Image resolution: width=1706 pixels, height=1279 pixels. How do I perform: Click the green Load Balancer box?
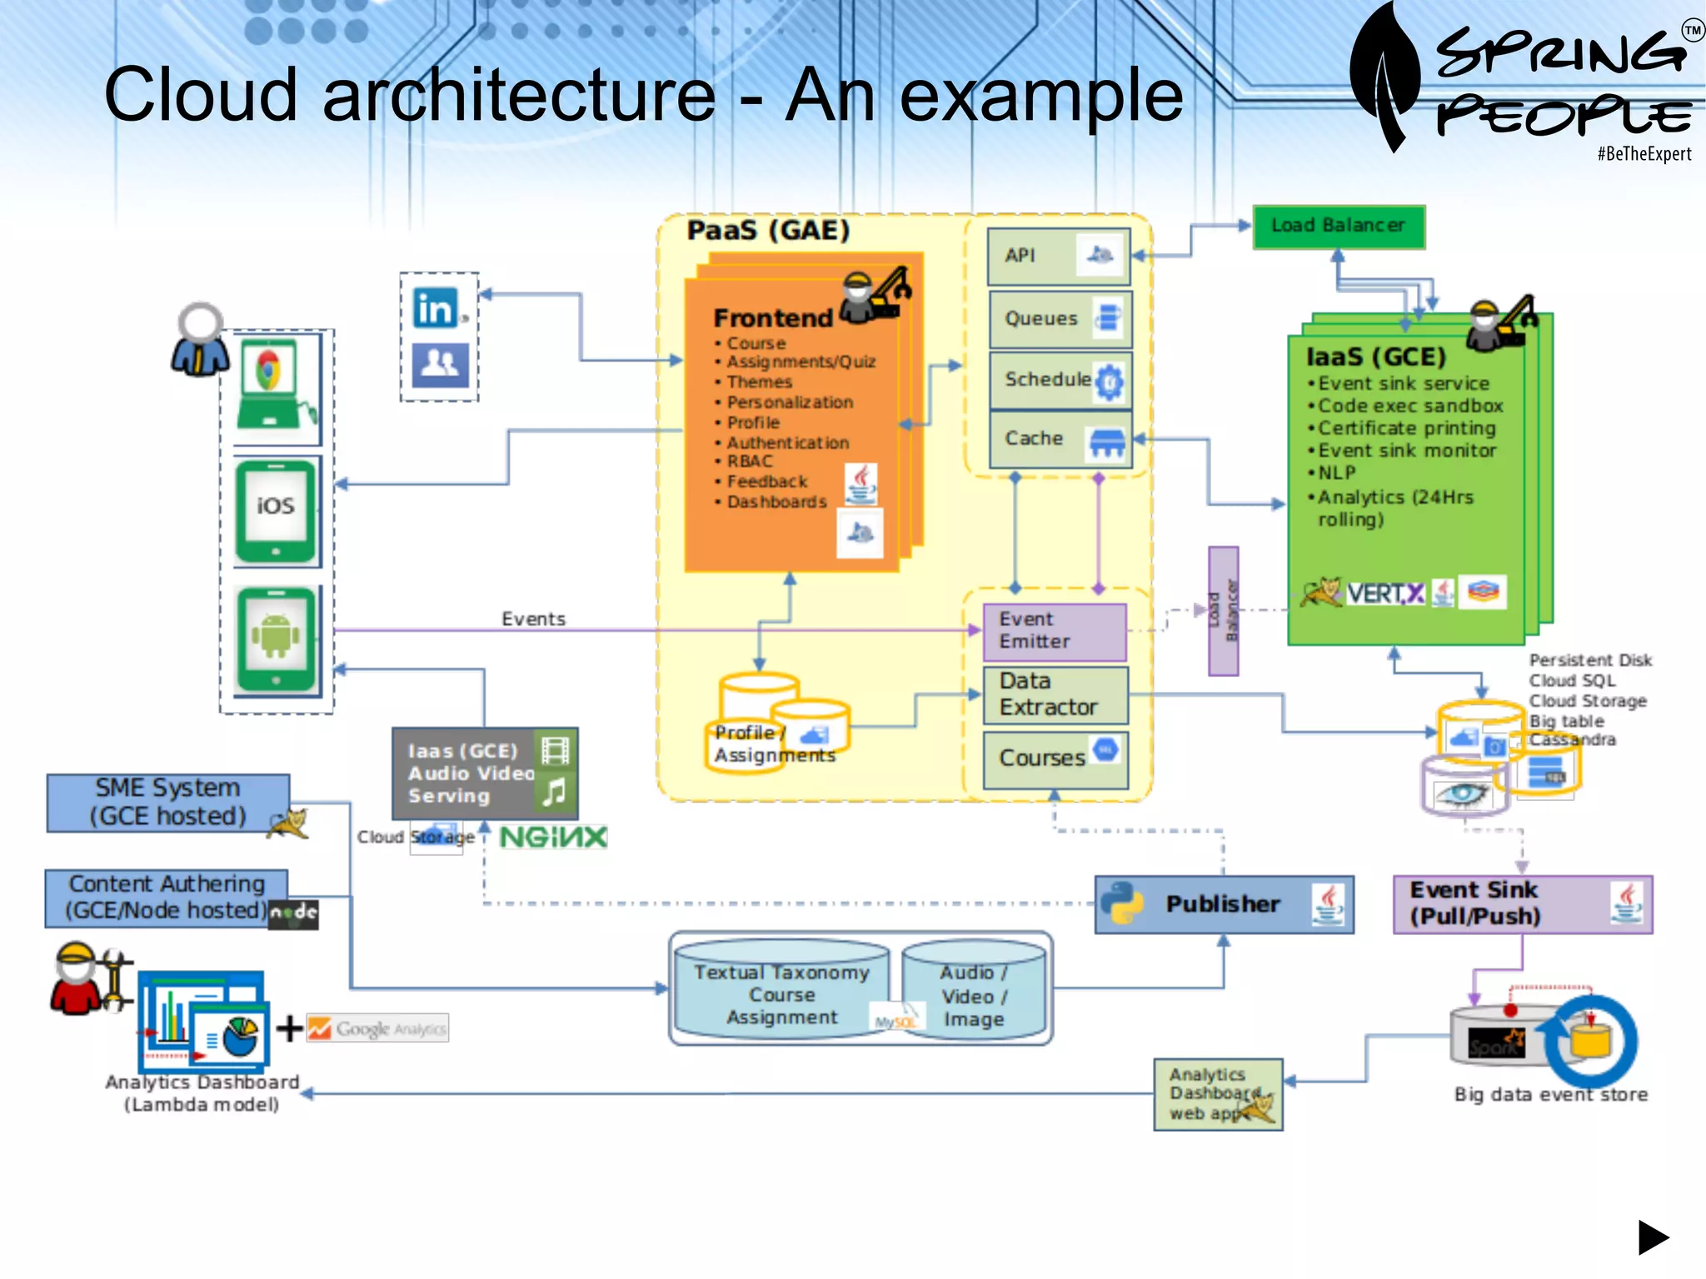coord(1338,226)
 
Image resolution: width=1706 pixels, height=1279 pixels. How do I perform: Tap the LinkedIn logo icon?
coord(436,308)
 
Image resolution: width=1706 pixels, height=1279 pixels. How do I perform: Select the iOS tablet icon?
coord(276,511)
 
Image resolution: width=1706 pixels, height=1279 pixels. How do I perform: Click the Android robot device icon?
coord(276,638)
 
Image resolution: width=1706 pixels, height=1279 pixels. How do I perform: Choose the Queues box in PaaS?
coord(1059,319)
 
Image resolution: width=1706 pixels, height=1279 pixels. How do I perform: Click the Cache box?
coord(1059,439)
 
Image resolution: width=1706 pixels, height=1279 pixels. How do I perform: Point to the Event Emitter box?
coord(1054,631)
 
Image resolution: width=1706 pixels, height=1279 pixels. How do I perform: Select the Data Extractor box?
coord(1055,694)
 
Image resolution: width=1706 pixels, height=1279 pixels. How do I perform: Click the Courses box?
coord(1055,759)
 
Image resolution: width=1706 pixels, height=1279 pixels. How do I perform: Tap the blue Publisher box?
coord(1223,904)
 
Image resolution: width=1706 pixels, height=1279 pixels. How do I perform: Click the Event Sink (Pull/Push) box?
coord(1521,904)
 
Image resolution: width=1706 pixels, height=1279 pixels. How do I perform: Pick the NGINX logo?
coord(553,837)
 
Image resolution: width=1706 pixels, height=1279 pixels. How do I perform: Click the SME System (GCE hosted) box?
coord(167,803)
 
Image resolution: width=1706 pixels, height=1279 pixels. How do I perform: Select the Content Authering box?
coord(167,898)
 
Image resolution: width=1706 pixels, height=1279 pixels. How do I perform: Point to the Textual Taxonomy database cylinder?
coord(781,994)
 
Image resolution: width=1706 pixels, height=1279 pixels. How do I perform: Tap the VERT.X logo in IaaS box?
coord(1384,594)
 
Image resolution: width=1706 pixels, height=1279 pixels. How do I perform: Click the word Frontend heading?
coord(772,318)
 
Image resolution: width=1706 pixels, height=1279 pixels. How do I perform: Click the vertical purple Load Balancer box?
coord(1223,610)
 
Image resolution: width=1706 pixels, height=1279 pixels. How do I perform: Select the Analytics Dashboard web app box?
coord(1217,1094)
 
